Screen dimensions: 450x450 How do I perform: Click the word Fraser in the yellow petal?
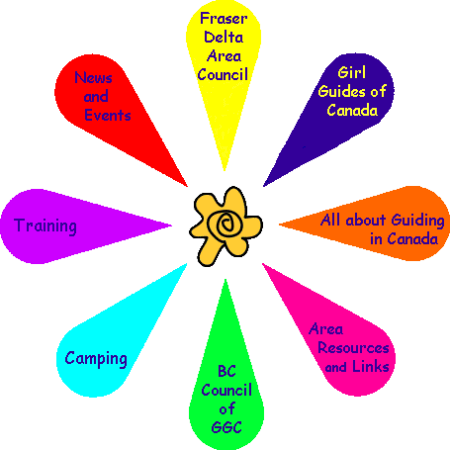224,19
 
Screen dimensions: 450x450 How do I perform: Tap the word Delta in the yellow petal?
224,37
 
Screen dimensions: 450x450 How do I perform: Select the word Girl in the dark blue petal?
352,72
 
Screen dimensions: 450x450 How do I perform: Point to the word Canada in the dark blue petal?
352,110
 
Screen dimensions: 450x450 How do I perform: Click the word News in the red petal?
93,77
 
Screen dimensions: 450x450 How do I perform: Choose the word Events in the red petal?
108,115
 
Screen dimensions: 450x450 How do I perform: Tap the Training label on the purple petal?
45,226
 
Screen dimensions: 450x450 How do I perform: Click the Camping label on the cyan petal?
96,359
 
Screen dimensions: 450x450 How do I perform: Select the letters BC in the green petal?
226,371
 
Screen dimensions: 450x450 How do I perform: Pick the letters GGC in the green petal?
226,427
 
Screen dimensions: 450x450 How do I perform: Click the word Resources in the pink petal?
353,348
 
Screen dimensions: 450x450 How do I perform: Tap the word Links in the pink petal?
371,366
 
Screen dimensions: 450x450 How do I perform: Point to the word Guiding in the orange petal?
418,221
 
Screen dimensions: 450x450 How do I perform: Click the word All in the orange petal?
330,220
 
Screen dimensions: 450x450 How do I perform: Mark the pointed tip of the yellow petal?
225,170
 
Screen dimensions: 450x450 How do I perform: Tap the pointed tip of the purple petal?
171,225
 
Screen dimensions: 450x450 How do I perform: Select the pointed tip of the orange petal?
279,225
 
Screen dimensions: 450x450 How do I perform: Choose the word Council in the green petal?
226,390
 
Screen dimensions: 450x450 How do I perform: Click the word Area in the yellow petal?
224,55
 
